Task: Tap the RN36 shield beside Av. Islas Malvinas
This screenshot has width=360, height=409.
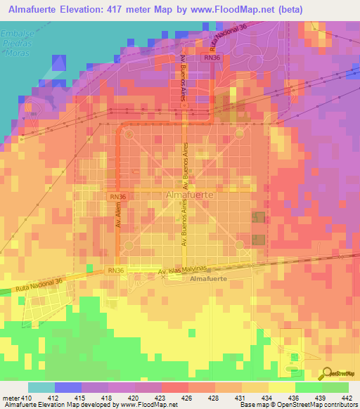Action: coord(116,271)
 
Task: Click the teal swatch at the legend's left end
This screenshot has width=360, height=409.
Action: coord(41,387)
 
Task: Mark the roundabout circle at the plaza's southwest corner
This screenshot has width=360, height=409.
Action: coord(128,247)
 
